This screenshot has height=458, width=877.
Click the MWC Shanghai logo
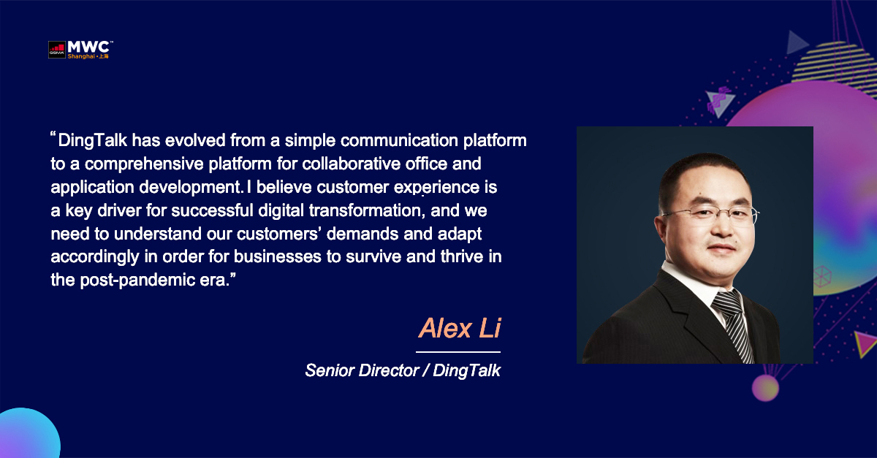click(80, 50)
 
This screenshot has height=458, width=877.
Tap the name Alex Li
click(460, 328)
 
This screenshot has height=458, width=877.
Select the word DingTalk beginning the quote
click(93, 141)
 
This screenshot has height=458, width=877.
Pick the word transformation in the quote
click(367, 210)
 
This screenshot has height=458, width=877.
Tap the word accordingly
click(95, 257)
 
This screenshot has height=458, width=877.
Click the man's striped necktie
click(733, 326)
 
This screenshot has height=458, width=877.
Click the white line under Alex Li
click(458, 352)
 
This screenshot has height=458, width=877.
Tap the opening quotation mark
click(53, 135)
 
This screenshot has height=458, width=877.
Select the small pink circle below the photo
click(765, 388)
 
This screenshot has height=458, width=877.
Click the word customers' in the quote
click(279, 234)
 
